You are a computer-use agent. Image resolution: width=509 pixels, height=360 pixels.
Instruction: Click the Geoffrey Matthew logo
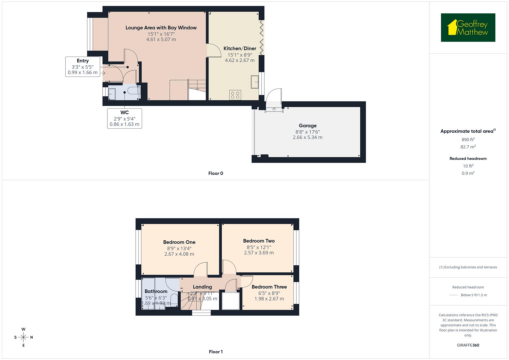click(x=468, y=28)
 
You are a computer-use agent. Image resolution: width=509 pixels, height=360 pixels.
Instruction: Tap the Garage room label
click(x=307, y=126)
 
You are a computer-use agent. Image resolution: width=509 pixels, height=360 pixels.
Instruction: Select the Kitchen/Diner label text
click(x=240, y=48)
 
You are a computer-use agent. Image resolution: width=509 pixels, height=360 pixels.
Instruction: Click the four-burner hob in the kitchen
click(x=235, y=95)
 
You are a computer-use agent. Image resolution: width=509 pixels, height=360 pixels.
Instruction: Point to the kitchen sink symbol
click(x=255, y=82)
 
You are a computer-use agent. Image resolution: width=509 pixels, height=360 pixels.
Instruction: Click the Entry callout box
click(x=83, y=67)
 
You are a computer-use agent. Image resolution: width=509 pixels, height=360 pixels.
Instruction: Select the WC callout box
click(x=124, y=118)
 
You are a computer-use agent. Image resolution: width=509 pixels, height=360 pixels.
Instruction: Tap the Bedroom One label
click(x=179, y=242)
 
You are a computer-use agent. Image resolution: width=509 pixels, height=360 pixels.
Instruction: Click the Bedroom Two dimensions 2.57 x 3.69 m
click(x=259, y=253)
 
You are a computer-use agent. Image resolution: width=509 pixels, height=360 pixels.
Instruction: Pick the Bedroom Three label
click(x=269, y=287)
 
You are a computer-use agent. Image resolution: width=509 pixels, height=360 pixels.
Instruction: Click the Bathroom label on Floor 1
click(x=156, y=291)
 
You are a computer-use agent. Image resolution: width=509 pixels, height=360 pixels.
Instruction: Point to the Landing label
click(x=202, y=287)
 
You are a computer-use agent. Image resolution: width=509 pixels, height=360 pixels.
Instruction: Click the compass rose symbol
click(x=23, y=337)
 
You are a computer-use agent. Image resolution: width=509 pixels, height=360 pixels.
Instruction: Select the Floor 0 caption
click(x=216, y=173)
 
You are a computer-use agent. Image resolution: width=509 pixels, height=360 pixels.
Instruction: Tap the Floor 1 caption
click(x=216, y=352)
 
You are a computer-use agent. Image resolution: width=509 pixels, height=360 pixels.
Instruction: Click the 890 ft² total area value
click(x=468, y=140)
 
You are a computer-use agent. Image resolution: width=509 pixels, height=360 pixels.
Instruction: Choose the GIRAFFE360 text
click(x=468, y=345)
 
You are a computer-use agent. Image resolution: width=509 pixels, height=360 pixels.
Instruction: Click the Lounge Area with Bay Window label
click(x=161, y=28)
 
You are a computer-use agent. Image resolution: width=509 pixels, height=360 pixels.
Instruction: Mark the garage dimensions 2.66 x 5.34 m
click(x=307, y=137)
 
